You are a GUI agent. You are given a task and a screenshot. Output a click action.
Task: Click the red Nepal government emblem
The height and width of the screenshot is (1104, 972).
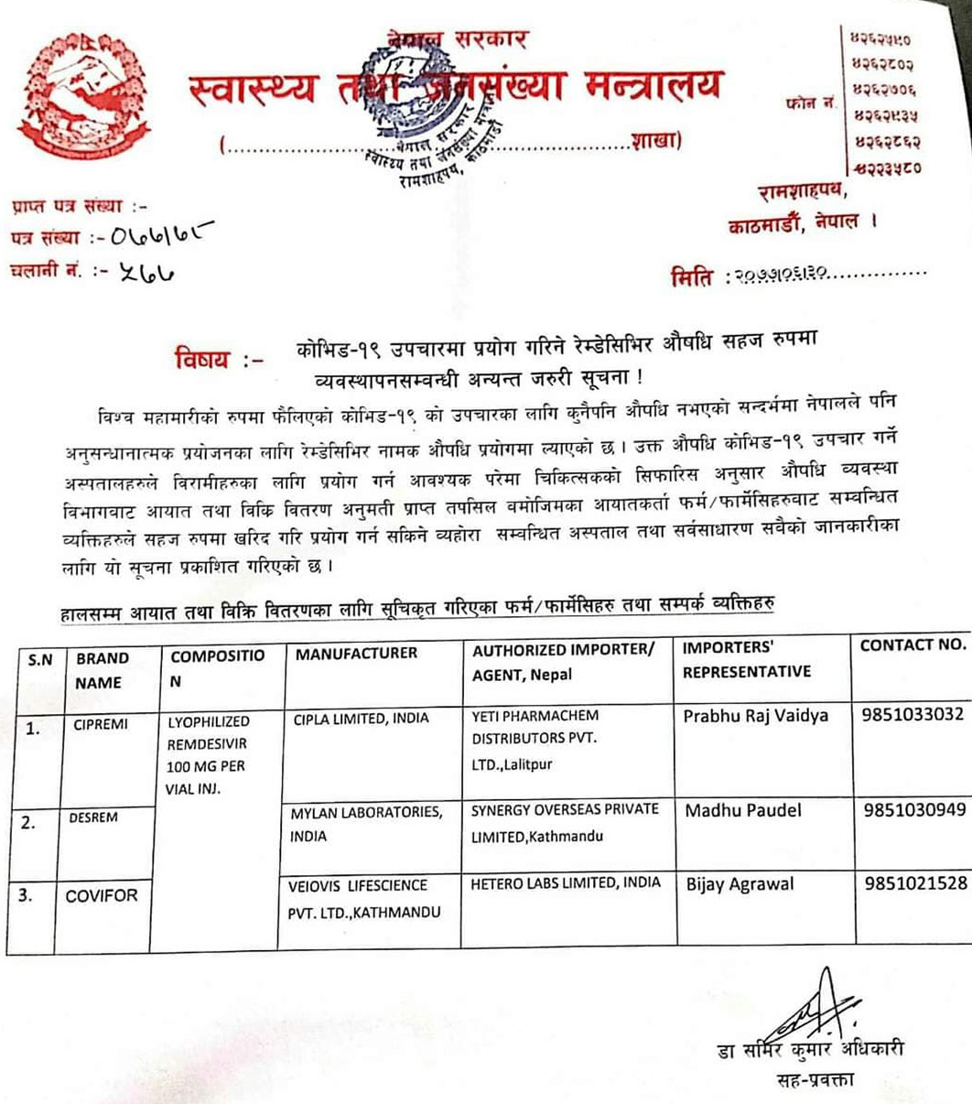(x=84, y=95)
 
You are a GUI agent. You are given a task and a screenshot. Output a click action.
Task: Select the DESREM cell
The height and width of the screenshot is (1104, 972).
(x=93, y=817)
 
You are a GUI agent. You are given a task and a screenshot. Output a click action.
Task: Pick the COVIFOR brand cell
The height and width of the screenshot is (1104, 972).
(x=101, y=895)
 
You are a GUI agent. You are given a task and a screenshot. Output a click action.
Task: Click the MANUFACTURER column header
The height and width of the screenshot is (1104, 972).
(x=356, y=653)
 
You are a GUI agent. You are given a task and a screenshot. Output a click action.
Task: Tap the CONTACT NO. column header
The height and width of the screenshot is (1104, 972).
(x=913, y=644)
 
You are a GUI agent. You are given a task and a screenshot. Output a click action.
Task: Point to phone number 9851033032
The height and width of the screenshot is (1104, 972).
(x=913, y=715)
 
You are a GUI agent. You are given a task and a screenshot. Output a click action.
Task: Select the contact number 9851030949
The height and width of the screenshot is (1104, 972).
(x=913, y=809)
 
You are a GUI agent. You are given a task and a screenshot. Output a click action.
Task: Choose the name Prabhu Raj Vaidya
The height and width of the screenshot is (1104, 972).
(x=755, y=716)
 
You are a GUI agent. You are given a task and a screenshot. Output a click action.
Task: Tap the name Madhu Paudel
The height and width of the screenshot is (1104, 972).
(x=742, y=810)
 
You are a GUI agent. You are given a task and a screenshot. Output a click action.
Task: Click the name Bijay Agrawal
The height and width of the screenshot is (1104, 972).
(x=740, y=884)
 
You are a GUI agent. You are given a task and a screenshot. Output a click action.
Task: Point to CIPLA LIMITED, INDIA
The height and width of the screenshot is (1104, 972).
(x=361, y=718)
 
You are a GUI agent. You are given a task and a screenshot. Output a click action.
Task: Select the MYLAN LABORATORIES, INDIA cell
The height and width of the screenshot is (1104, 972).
(x=366, y=824)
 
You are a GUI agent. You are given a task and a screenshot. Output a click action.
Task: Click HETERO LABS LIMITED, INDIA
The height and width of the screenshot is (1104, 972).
(x=565, y=883)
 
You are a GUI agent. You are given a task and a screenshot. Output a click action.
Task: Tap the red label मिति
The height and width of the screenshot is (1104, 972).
(x=692, y=276)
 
